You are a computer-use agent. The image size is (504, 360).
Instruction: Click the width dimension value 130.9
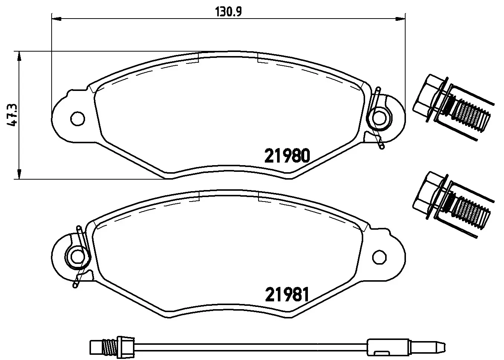pos(228,12)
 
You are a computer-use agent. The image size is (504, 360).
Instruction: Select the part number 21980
pos(287,156)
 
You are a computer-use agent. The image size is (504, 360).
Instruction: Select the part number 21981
pos(287,295)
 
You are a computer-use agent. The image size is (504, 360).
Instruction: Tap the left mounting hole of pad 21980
pos(78,118)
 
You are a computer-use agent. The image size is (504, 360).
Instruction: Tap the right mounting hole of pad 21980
pos(379,118)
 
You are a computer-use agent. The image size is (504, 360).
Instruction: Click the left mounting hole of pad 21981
pos(78,256)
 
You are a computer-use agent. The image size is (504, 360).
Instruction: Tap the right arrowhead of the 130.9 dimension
pos(401,18)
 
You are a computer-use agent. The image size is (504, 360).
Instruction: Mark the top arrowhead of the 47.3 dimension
pos(18,56)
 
